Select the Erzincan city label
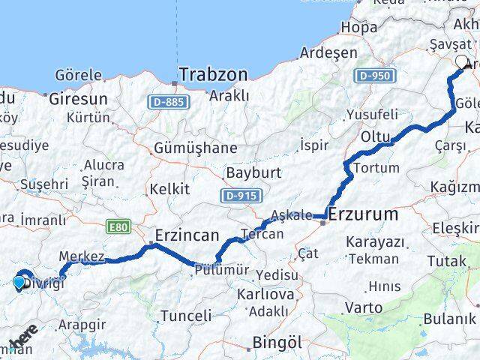pos(187,234)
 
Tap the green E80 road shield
pos(118,226)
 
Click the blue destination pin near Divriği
pos(19,283)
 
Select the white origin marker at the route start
pos(462,62)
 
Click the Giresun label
pos(79,98)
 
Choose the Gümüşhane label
pos(195,148)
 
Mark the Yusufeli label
pos(372,115)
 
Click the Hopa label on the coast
pos(358,27)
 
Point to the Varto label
pos(364,307)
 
